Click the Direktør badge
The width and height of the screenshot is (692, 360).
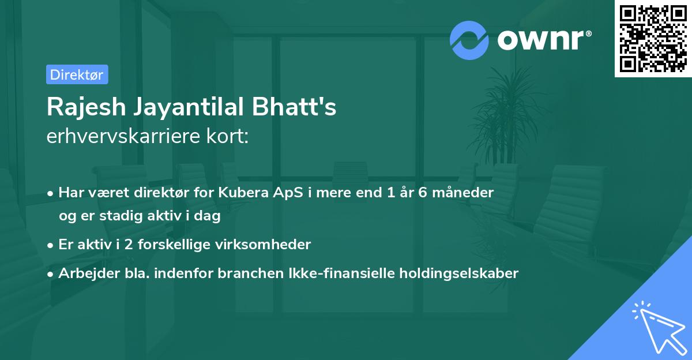tap(77, 74)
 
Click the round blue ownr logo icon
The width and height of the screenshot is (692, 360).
tap(469, 40)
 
